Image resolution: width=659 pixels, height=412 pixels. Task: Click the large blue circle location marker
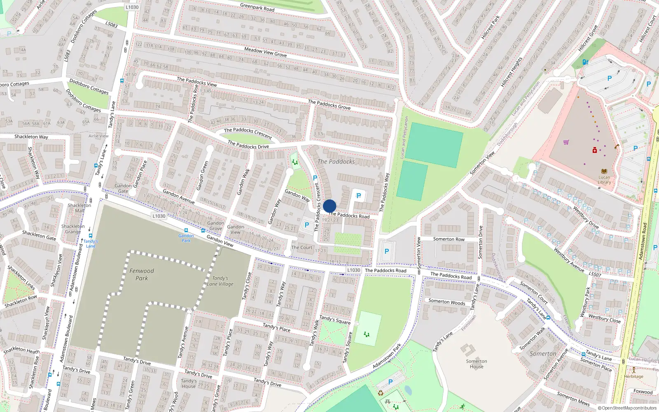click(x=329, y=206)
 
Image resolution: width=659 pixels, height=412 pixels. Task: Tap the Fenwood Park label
click(x=142, y=274)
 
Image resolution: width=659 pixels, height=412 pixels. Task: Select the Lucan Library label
click(x=604, y=180)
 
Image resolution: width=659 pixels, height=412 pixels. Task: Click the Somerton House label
click(x=477, y=364)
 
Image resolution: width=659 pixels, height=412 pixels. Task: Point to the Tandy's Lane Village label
click(x=220, y=281)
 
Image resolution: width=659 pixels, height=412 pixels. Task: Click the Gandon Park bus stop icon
click(x=186, y=231)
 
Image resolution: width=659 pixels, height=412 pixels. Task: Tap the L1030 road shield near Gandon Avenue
click(x=159, y=216)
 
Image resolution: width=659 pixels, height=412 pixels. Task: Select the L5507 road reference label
click(x=595, y=274)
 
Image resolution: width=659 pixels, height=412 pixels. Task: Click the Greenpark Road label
click(x=257, y=7)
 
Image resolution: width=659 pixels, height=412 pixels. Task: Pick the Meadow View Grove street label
click(x=265, y=52)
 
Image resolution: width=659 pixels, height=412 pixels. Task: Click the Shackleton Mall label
click(x=79, y=208)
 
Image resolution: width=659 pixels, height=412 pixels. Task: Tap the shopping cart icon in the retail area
click(x=566, y=142)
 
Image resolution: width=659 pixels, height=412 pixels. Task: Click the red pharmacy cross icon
click(x=594, y=150)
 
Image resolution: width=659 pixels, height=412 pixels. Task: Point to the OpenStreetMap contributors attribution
click(x=627, y=408)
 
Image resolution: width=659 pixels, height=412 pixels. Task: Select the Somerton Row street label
click(x=449, y=239)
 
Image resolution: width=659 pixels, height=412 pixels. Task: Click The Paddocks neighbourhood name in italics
click(x=336, y=162)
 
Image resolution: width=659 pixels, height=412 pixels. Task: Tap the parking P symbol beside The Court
click(x=306, y=225)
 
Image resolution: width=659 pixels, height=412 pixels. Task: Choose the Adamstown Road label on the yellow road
click(x=643, y=241)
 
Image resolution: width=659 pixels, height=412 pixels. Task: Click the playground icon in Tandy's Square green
click(x=367, y=334)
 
